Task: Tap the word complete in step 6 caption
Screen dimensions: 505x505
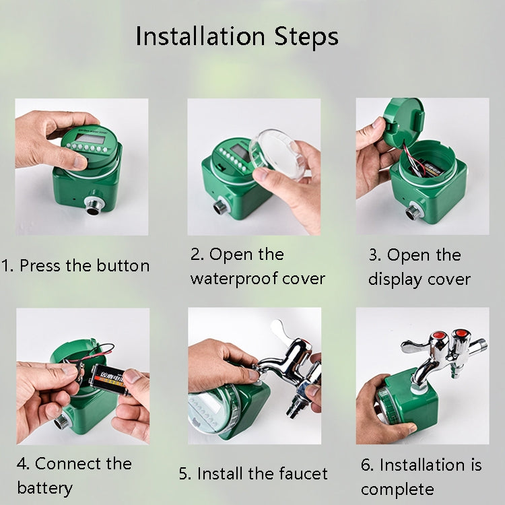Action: coord(397,488)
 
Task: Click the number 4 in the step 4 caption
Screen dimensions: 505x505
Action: coord(22,464)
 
